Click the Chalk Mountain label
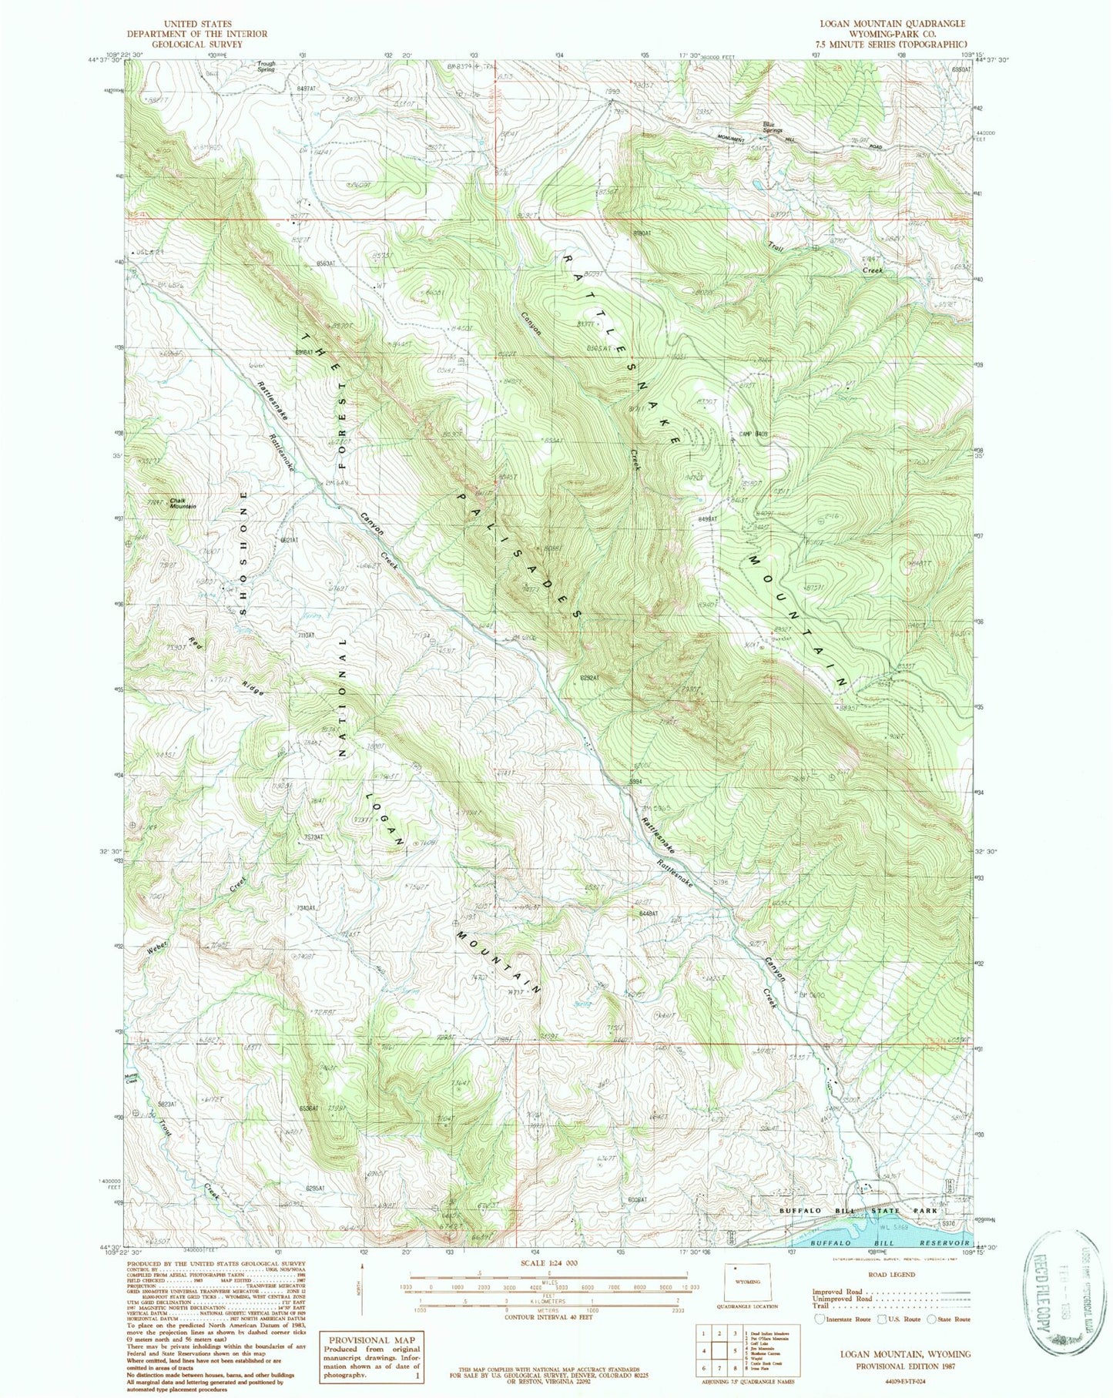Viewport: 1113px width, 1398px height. [183, 503]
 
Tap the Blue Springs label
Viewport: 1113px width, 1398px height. [767, 124]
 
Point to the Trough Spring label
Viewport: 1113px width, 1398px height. [266, 66]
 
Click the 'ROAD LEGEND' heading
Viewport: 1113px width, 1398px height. [891, 1275]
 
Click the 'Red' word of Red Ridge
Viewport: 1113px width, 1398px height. [197, 646]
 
